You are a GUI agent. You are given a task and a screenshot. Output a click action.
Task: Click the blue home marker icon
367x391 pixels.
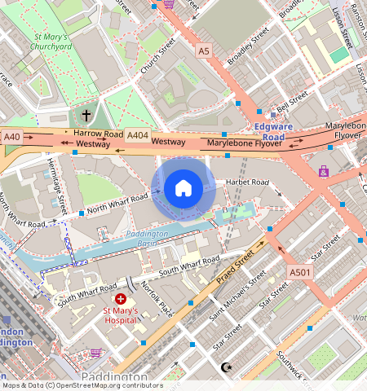pyautogui.click(x=183, y=189)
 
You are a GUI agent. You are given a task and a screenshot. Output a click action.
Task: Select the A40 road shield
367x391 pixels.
pyautogui.click(x=11, y=138)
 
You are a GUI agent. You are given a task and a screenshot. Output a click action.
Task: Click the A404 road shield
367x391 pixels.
pyautogui.click(x=138, y=135)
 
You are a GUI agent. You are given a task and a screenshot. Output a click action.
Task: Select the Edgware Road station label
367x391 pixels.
pyautogui.click(x=280, y=132)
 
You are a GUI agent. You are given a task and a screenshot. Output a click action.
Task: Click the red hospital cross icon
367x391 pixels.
pyautogui.click(x=121, y=300)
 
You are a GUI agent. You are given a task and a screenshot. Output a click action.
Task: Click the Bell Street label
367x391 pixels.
pyautogui.click(x=291, y=102)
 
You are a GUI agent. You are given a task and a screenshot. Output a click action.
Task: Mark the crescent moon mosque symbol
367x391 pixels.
pyautogui.click(x=227, y=367)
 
